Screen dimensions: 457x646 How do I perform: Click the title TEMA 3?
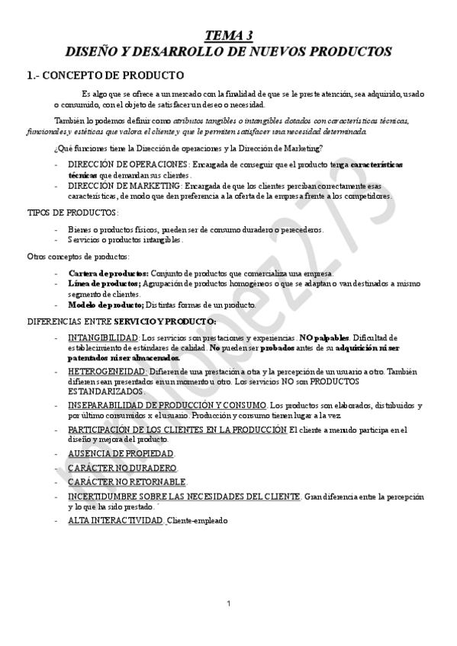228,35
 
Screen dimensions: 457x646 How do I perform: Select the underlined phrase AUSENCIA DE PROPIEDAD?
121,453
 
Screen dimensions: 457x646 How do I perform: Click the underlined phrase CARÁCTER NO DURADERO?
121,467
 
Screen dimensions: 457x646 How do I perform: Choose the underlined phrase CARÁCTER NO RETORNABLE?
127,482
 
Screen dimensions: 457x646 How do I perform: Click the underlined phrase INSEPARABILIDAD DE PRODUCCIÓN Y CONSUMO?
167,404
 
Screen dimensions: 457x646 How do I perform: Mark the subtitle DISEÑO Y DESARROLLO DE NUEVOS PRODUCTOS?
228,52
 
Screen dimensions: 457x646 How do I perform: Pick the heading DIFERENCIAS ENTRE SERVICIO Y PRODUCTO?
121,321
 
